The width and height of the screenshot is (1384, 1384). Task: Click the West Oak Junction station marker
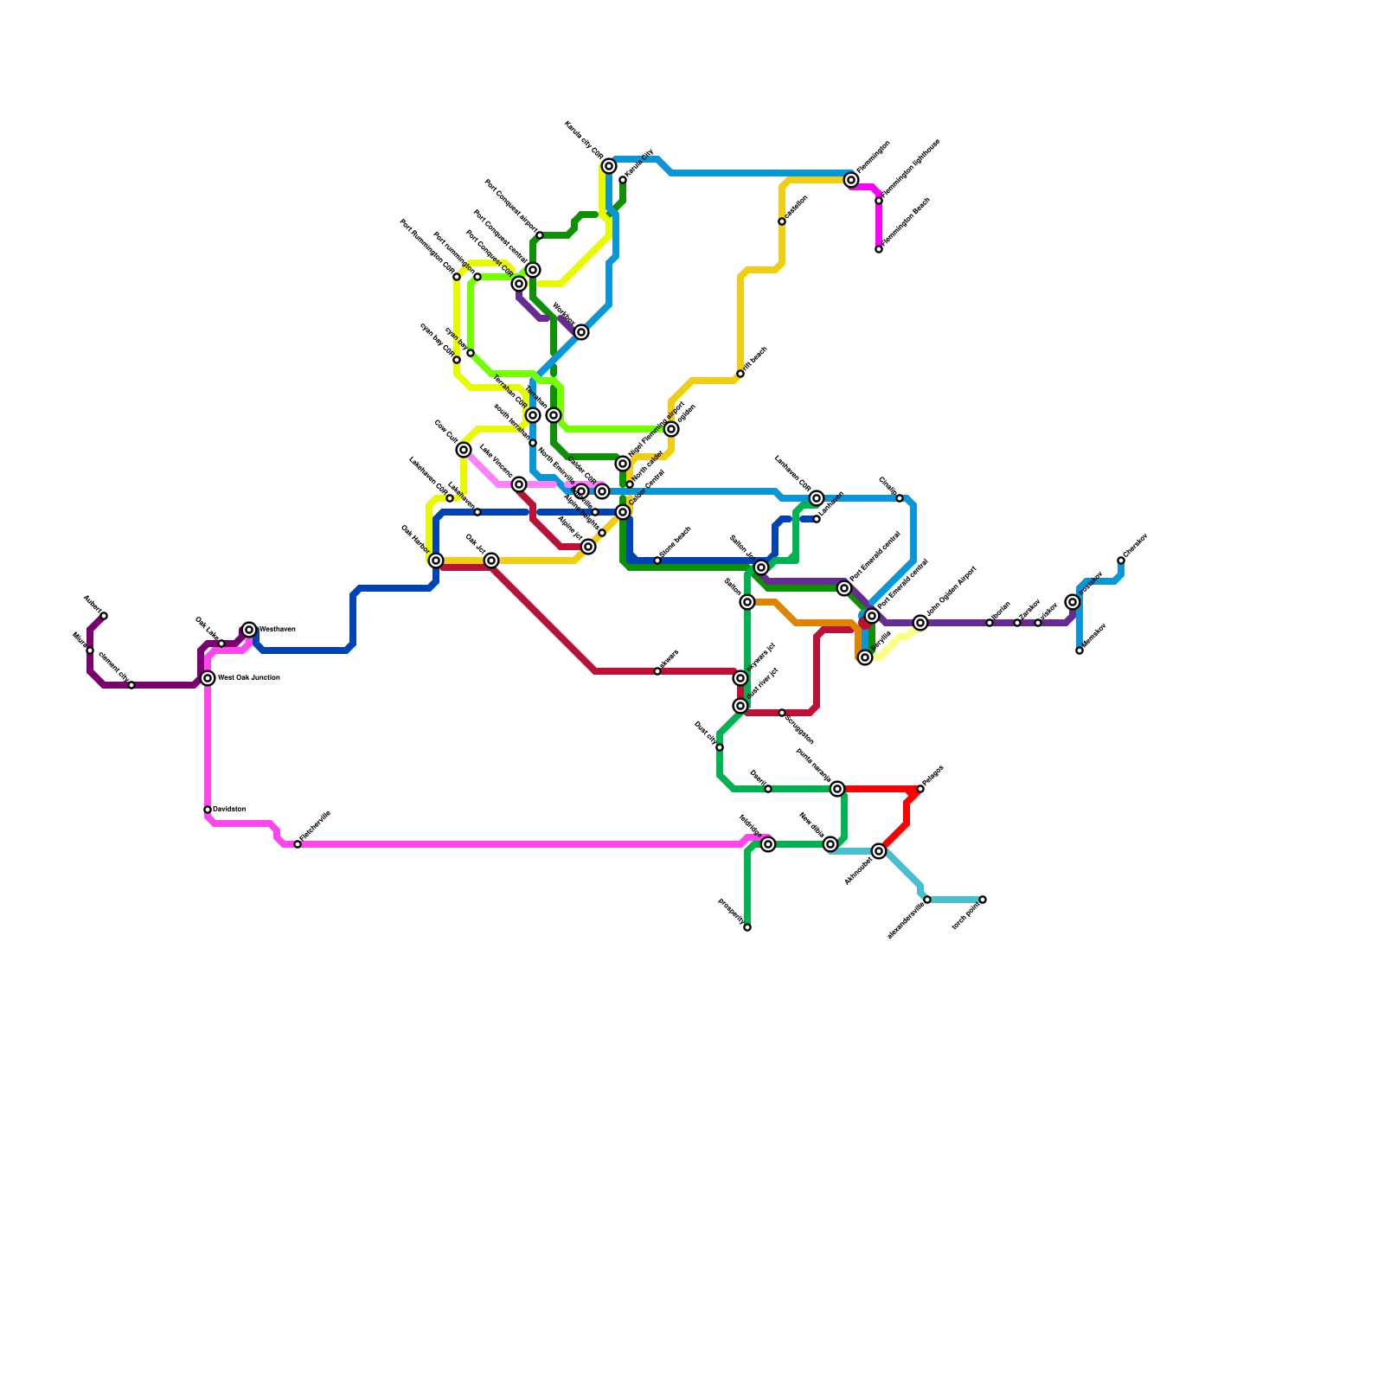tap(208, 678)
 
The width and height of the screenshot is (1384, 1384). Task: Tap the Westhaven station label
tap(278, 630)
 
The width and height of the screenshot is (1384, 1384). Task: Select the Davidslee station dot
tap(208, 810)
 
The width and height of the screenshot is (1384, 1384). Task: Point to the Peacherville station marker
tap(298, 844)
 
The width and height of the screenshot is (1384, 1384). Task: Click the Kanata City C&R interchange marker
tap(609, 166)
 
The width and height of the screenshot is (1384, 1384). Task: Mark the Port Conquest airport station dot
tap(540, 235)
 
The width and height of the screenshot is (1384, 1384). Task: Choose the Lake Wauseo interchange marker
tap(519, 484)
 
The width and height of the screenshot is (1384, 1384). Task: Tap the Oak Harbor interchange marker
tap(436, 561)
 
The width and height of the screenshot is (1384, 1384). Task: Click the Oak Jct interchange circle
tap(491, 561)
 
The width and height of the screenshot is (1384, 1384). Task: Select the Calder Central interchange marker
tap(623, 512)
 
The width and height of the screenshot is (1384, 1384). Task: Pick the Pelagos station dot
tap(920, 789)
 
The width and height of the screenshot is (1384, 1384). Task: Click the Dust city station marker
tap(720, 747)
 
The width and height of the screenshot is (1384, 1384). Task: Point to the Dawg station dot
tap(768, 789)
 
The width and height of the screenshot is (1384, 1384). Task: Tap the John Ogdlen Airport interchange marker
tap(920, 623)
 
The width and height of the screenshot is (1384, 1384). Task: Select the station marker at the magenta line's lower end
tap(879, 249)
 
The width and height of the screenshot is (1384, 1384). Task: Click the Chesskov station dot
tap(1121, 561)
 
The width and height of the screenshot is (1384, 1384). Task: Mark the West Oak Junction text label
tap(248, 678)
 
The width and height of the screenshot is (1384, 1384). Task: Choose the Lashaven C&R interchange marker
tap(817, 498)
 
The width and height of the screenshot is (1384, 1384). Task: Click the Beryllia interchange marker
tap(865, 658)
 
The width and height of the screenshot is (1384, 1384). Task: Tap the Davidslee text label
tap(229, 810)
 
